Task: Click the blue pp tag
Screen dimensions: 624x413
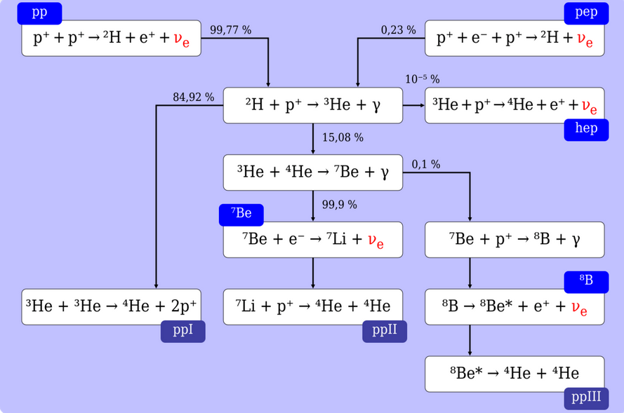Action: point(39,13)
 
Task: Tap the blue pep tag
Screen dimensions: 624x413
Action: point(586,13)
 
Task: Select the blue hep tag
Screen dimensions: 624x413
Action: point(586,130)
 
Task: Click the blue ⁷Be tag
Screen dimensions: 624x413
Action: point(241,215)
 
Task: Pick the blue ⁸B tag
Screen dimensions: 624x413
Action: point(586,282)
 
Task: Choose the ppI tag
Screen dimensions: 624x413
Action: point(183,331)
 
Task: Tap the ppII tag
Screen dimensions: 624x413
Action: point(385,331)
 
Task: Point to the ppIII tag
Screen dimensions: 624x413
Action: point(586,398)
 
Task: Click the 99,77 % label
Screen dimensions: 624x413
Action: point(231,30)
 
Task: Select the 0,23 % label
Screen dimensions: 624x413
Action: point(399,30)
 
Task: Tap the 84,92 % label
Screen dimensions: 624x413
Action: point(194,97)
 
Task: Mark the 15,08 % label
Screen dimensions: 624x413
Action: point(343,137)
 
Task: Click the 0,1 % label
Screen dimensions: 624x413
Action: point(426,164)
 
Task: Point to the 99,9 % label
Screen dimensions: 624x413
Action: point(340,205)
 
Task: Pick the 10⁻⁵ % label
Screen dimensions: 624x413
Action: point(423,79)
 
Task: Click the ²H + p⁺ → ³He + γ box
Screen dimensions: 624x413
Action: point(313,105)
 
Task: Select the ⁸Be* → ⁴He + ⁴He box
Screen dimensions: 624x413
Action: point(515,374)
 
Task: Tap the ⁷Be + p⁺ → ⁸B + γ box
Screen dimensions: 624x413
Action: point(515,240)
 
